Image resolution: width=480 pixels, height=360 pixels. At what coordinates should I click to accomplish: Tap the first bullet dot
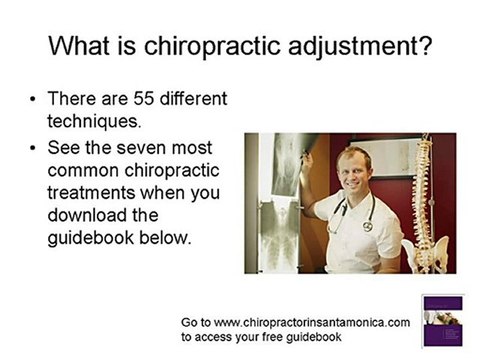pyautogui.click(x=36, y=102)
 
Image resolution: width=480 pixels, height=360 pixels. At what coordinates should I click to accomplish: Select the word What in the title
pyautogui.click(x=84, y=46)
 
